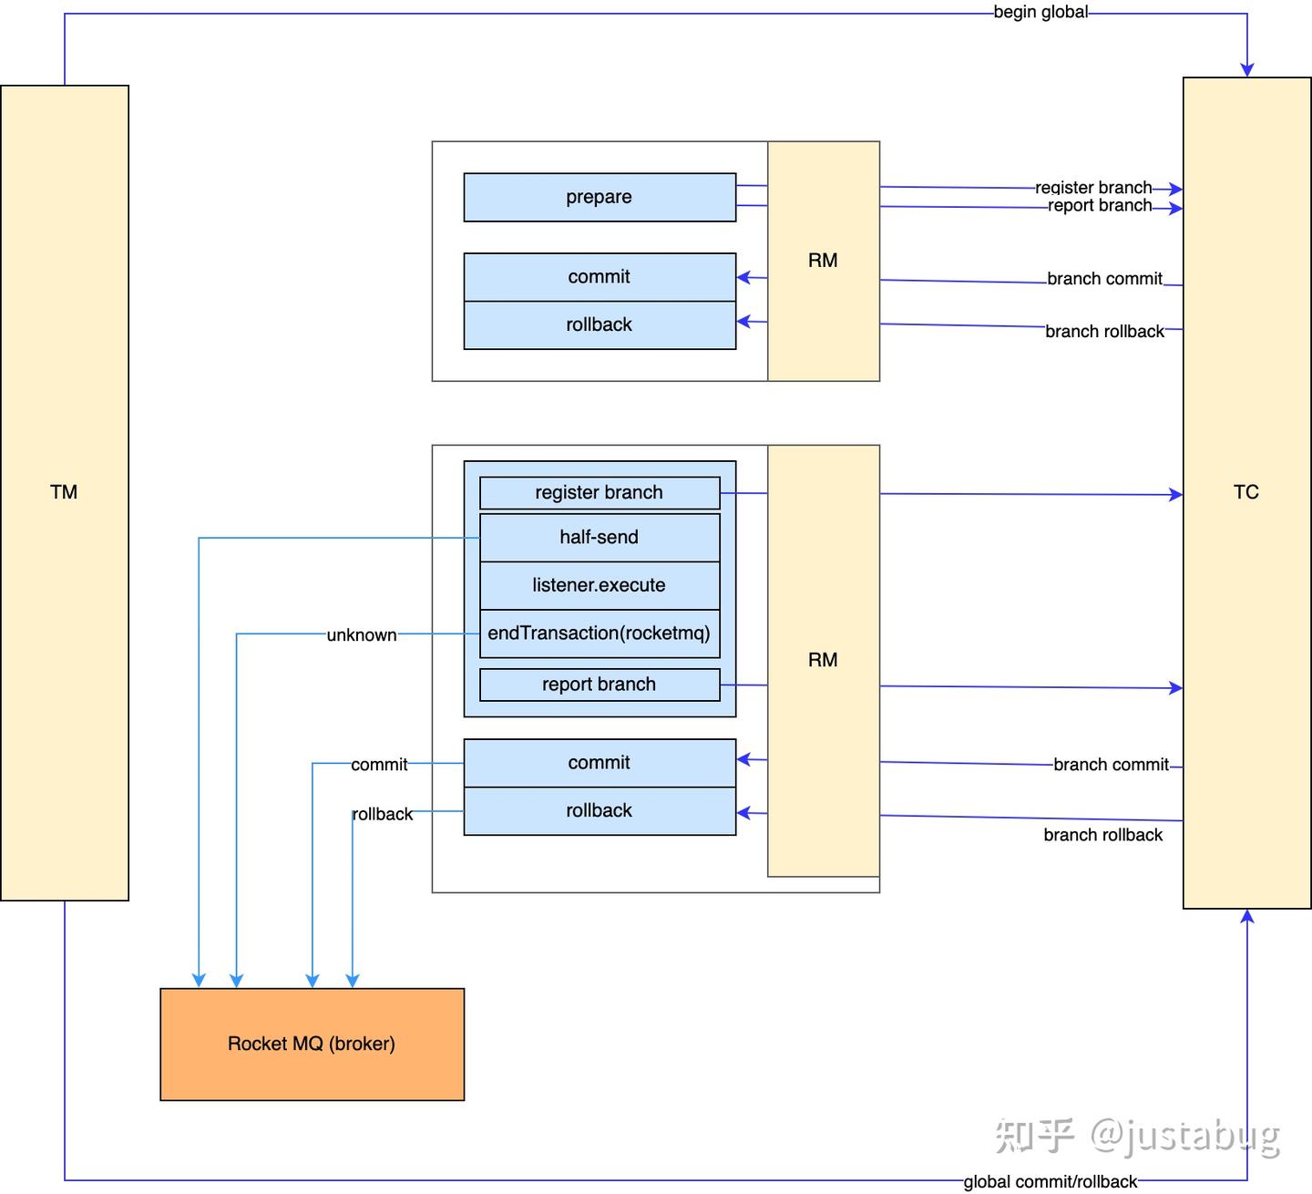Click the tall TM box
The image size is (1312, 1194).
point(65,492)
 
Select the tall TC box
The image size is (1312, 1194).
point(1246,492)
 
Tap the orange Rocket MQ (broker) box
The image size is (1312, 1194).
point(312,1044)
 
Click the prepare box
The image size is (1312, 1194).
point(600,197)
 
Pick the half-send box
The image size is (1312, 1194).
point(600,538)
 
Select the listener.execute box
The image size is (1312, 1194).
point(600,585)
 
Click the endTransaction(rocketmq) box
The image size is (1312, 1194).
point(600,633)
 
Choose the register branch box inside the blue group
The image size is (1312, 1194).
point(600,493)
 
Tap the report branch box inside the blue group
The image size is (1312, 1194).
point(600,684)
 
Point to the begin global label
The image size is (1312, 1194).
point(1040,13)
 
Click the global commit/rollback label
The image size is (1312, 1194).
point(1051,1181)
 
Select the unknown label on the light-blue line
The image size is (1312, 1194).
point(362,635)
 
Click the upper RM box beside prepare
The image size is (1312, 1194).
point(823,261)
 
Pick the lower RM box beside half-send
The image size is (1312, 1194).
point(823,660)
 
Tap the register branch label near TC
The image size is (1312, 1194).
point(1093,188)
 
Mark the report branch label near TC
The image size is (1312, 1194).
point(1100,206)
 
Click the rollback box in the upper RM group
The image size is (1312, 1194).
point(600,325)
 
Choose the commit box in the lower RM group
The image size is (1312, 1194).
point(600,763)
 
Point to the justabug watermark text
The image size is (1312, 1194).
point(1184,1135)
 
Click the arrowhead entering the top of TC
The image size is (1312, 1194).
point(1247,70)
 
